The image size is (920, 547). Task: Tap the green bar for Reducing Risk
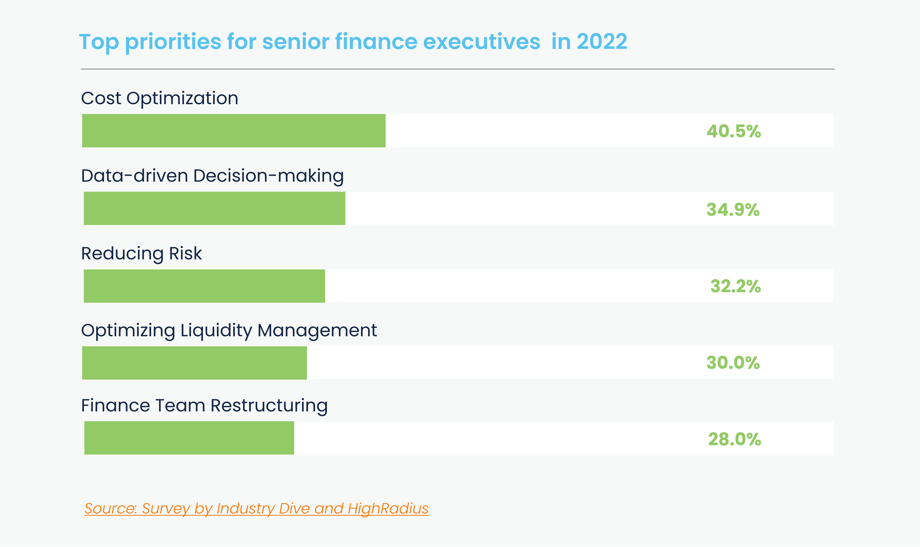point(204,286)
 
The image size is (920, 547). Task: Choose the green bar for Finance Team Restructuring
point(189,438)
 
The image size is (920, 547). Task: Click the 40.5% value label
point(734,131)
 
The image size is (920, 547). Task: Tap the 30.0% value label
point(733,363)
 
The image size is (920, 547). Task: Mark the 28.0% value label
point(734,439)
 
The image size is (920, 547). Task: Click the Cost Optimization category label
point(159,98)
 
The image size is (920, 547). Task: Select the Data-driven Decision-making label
point(212,176)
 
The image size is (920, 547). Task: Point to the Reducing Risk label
point(141,254)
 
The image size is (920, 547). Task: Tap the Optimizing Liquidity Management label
point(229,330)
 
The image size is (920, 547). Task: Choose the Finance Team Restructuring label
point(204,406)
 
